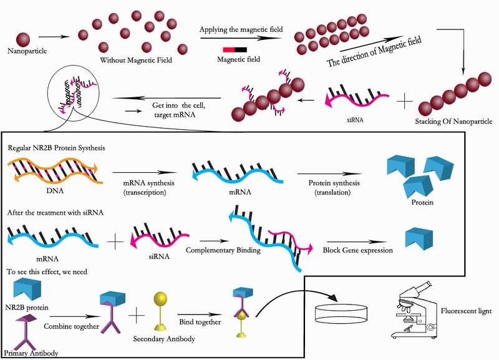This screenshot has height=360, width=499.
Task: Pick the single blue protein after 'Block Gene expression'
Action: click(413, 238)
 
